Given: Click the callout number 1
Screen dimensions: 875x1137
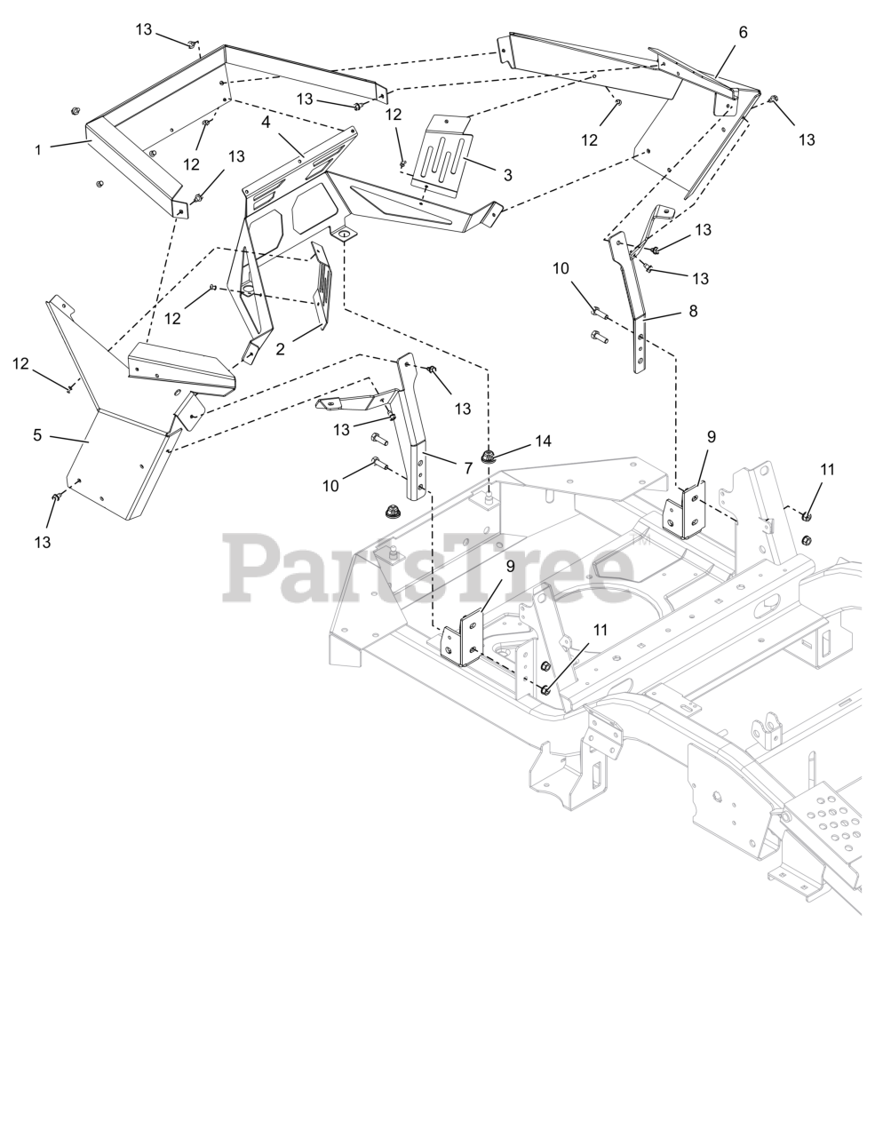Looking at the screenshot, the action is click(38, 150).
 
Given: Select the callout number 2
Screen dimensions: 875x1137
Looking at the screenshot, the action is click(280, 349).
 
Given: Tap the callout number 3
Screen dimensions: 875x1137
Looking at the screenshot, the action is click(507, 175).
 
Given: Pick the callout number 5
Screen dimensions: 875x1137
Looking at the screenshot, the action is click(37, 435).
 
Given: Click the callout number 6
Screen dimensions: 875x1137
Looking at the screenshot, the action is click(743, 32).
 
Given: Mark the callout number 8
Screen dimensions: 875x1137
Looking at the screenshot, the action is click(693, 311).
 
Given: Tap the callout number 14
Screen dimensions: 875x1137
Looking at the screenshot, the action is click(542, 441).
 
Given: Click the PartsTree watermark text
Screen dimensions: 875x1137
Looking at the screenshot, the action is click(427, 567).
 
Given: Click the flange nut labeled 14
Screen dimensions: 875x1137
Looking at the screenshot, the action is click(487, 457).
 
